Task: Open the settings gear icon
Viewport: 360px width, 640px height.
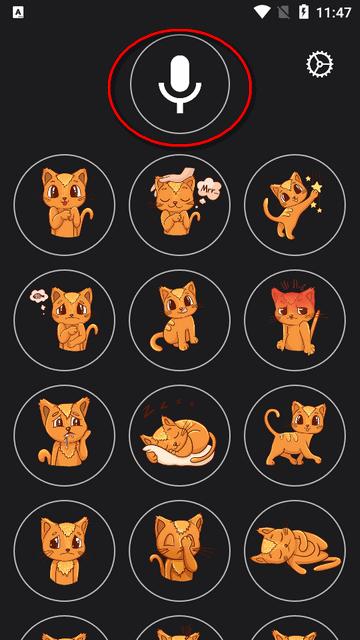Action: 319,65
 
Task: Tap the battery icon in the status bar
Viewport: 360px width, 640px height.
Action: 304,12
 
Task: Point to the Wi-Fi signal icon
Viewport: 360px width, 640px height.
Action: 263,12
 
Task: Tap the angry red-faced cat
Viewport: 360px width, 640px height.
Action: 294,320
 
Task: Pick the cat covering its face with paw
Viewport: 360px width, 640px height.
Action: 179,550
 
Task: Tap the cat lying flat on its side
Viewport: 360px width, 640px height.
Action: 294,550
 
